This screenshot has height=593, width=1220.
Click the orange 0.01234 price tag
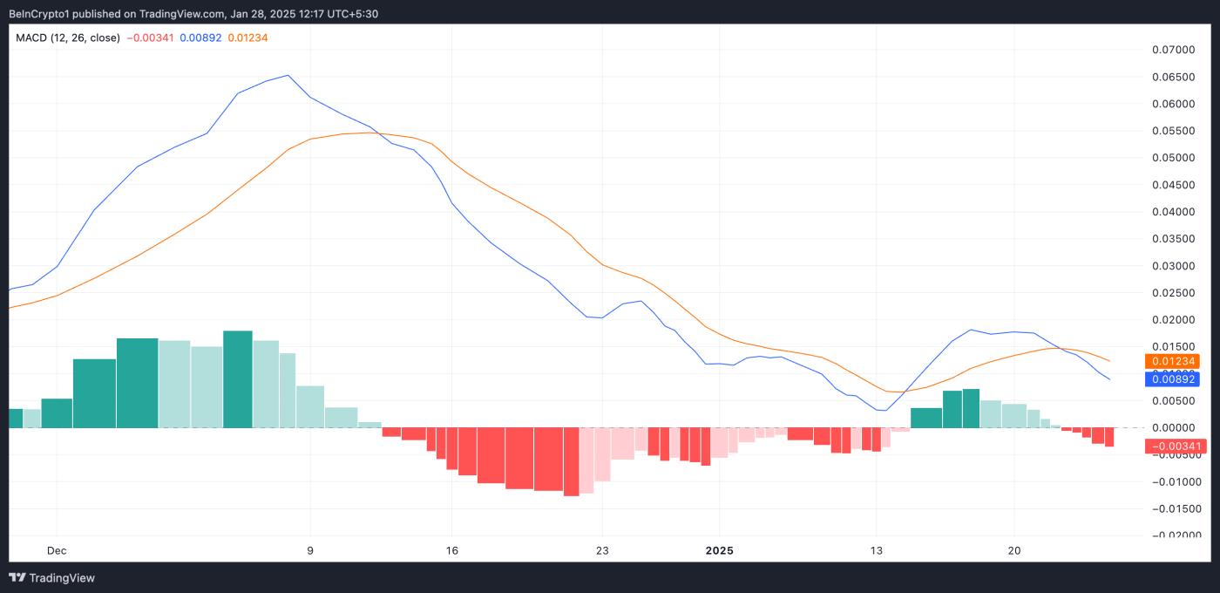click(1174, 361)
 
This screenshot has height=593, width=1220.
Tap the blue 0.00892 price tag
click(1174, 379)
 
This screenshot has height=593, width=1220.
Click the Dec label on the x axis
click(57, 550)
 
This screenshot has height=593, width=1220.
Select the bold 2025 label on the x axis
click(719, 550)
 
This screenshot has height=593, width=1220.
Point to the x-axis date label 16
click(451, 550)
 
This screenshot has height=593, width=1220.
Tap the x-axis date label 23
click(602, 550)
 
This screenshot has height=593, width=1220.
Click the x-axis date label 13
click(876, 550)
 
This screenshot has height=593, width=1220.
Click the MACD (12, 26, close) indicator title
click(68, 37)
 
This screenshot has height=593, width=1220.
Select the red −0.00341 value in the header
click(151, 37)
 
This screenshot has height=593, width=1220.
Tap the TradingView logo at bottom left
click(52, 577)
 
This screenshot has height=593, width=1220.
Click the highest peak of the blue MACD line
click(288, 75)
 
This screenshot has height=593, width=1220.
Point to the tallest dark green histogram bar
click(238, 379)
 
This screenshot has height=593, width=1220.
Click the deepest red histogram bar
click(572, 461)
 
